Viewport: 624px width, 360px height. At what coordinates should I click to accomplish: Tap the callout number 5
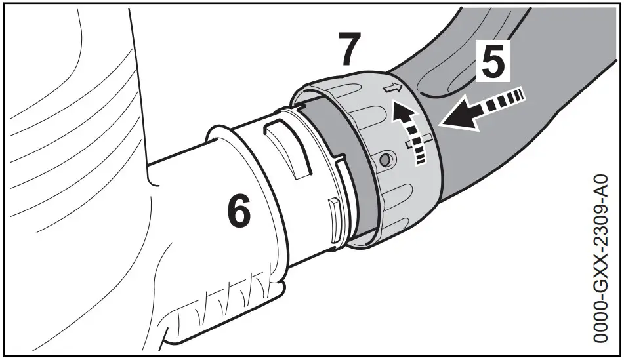tap(491, 60)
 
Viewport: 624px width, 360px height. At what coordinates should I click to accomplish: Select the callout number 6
tap(239, 212)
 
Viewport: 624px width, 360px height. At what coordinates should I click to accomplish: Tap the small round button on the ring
tap(388, 159)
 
